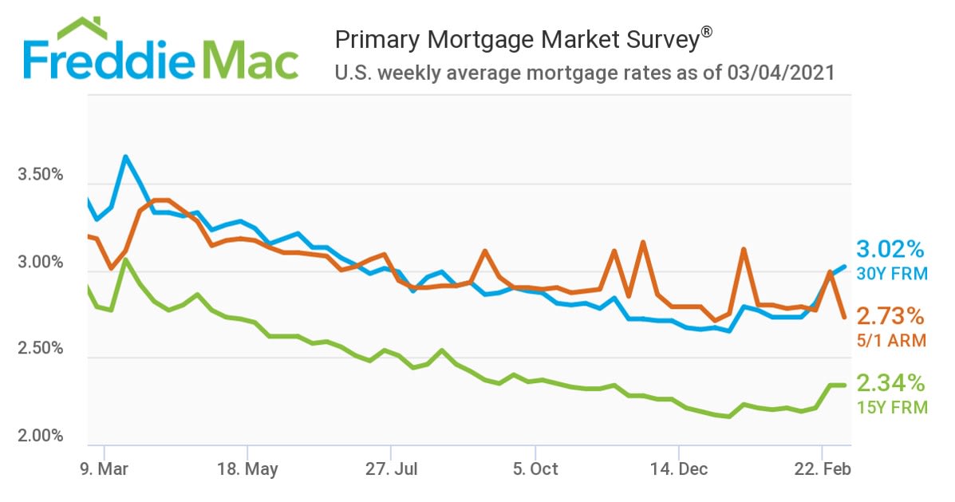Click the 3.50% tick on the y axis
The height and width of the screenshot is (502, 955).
[40, 176]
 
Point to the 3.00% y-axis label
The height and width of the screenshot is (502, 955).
[40, 263]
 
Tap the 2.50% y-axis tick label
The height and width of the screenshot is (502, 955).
[40, 350]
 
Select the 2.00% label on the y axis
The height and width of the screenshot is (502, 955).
[40, 437]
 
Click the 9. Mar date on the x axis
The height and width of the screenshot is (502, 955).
[105, 468]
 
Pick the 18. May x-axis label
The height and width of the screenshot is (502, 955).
[247, 468]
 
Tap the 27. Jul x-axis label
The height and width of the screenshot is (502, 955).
[391, 468]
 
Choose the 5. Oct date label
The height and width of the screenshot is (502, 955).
[535, 468]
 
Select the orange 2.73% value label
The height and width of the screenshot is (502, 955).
[890, 315]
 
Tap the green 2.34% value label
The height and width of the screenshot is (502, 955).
[890, 382]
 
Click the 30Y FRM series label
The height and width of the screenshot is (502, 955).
[892, 274]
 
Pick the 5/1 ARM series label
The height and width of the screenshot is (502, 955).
[892, 341]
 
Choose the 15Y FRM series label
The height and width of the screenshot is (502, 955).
[892, 408]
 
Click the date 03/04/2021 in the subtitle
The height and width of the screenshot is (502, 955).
[781, 73]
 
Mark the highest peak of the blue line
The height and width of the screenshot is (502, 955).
[125, 156]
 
